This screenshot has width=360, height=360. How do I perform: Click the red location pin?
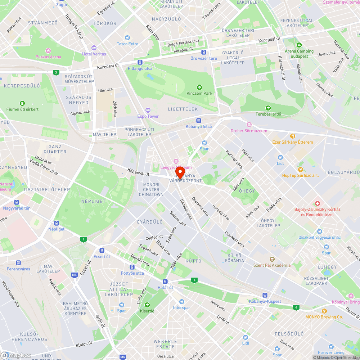click(180, 173)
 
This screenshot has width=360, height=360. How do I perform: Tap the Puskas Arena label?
click(48, 57)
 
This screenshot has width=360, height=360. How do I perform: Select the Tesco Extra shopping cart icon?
click(127, 38)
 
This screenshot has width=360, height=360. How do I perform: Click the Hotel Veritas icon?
click(94, 48)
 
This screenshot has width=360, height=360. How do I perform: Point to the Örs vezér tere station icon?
click(204, 52)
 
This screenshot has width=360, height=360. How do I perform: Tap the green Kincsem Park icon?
click(199, 87)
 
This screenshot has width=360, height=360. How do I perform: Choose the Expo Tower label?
click(148, 116)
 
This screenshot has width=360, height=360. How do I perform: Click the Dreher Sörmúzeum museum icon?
click(249, 125)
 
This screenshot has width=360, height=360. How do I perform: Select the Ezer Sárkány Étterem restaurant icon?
click(292, 136)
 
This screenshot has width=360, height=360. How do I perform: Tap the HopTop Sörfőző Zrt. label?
click(300, 175)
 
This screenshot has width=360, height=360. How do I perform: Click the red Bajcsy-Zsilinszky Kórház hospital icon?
click(318, 203)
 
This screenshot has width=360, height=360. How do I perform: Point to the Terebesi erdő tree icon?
click(268, 108)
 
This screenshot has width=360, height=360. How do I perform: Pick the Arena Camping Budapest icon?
click(299, 45)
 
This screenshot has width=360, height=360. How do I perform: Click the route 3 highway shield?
click(55, 72)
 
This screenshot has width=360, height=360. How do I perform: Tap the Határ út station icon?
click(165, 282)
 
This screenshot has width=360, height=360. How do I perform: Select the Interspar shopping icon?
click(181, 302)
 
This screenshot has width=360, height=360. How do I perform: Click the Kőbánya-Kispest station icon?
click(265, 295)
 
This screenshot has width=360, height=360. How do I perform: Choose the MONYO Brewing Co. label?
click(324, 317)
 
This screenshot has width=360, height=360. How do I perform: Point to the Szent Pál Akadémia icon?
click(272, 259)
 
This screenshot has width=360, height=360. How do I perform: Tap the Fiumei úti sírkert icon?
click(22, 103)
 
